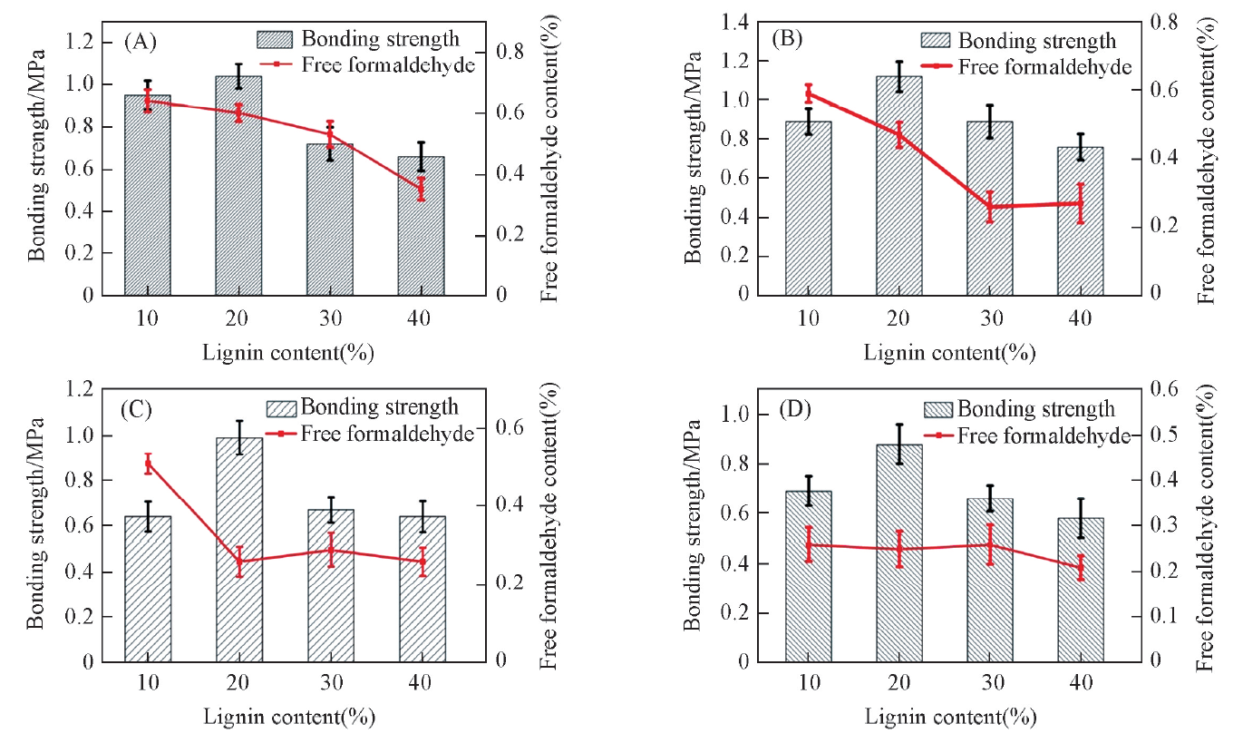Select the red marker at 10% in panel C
click(148, 464)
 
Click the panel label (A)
click(142, 41)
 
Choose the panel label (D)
click(797, 415)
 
